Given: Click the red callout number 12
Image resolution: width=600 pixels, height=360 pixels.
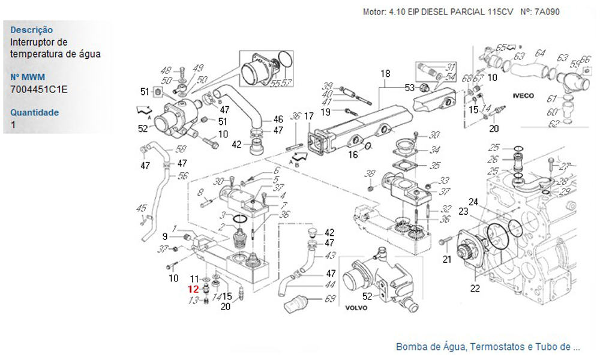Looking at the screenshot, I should [193, 289].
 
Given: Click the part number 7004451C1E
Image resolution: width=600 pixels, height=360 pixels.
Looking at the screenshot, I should [39, 89].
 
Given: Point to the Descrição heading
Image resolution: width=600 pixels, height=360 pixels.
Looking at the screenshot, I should [32, 30].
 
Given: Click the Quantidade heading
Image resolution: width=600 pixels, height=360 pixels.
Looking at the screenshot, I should [35, 112].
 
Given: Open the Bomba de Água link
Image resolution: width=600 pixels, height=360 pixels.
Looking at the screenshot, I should [488, 347].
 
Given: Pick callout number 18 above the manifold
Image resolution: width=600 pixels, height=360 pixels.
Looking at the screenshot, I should [385, 73].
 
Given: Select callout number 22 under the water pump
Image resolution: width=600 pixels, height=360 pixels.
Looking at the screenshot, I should [475, 289].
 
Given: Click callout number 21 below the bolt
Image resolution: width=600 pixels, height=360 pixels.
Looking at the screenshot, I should [447, 260].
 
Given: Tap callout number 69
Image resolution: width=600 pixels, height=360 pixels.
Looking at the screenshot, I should [330, 298].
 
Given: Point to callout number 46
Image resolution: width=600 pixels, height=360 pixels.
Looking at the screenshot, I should [278, 119].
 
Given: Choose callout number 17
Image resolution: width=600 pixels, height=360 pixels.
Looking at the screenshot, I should [308, 116].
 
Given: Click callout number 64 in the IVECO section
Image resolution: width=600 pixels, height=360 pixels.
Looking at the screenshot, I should [541, 53].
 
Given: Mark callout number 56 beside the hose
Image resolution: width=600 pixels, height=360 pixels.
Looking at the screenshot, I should [183, 176].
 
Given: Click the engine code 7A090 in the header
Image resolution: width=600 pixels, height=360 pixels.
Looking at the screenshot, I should [545, 11].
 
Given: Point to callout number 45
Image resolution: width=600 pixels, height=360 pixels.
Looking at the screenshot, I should [142, 208].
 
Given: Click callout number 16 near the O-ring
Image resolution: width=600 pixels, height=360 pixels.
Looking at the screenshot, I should [353, 155].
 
